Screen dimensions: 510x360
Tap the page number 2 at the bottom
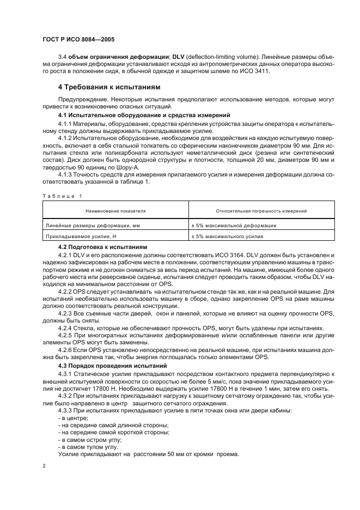click(x=44, y=466)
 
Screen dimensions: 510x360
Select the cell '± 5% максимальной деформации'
click(x=233, y=225)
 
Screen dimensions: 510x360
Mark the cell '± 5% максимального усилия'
click(x=227, y=236)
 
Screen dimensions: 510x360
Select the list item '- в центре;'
click(x=69, y=417)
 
